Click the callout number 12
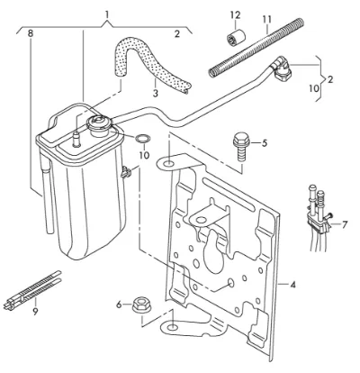(x=236, y=14)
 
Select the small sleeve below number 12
(x=236, y=36)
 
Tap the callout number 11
(x=266, y=20)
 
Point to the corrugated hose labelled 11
(x=256, y=48)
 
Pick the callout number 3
(x=155, y=94)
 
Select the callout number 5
(x=264, y=143)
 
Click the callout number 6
(x=119, y=305)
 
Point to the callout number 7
(x=345, y=224)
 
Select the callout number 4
(x=292, y=284)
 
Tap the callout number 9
(x=35, y=312)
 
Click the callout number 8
(x=30, y=33)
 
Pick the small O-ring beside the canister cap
(x=142, y=139)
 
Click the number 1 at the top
(x=107, y=14)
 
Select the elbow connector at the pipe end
(x=280, y=69)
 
